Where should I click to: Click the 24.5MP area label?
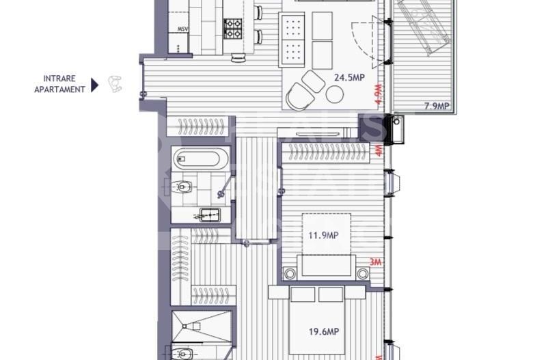[x=348, y=78]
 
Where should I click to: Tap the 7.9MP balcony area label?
[x=436, y=106]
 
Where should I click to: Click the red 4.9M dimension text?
[x=377, y=93]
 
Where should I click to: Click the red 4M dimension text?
[x=379, y=150]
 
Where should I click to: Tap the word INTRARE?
[x=59, y=78]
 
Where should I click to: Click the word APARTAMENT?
[x=59, y=89]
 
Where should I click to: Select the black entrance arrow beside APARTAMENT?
[x=95, y=84]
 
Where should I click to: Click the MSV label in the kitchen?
[x=182, y=29]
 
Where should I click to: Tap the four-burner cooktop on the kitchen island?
[x=233, y=28]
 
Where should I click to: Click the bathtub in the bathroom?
[x=197, y=160]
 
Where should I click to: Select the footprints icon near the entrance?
[x=116, y=84]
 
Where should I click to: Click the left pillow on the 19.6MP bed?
[x=303, y=294]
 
